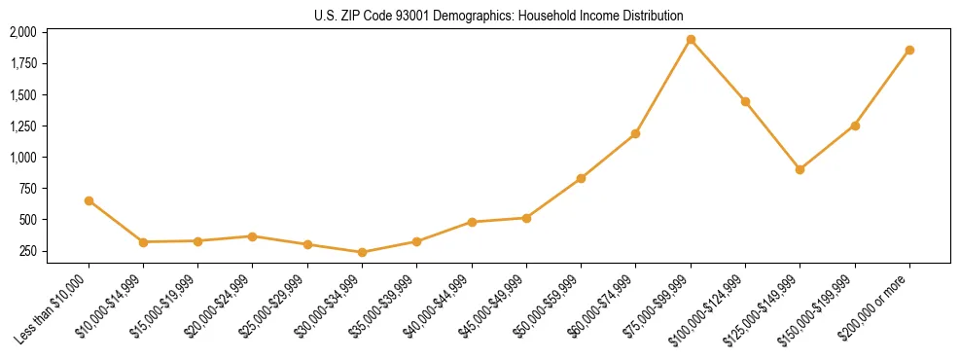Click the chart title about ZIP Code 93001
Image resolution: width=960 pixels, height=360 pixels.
pos(499,16)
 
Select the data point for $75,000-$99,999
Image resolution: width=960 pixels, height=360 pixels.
pos(691,40)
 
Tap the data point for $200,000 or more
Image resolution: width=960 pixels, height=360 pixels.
pos(909,50)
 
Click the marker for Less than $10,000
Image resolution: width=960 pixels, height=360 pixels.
pos(89,200)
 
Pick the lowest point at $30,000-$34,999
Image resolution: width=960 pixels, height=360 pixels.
pos(362,252)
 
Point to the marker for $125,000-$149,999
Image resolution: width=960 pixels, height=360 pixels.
pos(800,169)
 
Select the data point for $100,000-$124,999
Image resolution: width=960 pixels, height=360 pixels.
pos(745,101)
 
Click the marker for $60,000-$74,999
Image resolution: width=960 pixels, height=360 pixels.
pos(635,133)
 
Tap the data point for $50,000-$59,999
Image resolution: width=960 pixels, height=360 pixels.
pos(581,178)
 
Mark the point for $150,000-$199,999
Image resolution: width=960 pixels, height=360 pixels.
pos(855,126)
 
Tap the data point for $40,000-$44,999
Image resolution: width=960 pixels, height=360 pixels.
pos(472,222)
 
